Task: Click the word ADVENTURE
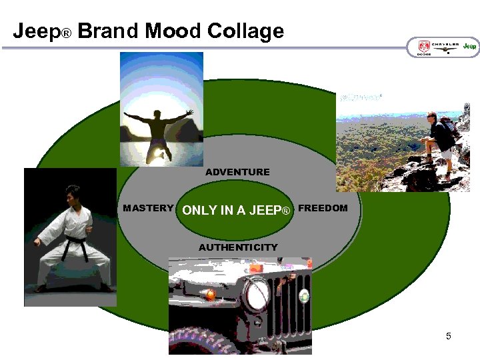click(237, 172)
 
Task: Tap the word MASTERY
click(148, 208)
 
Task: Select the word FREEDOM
click(323, 208)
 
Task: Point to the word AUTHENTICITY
click(238, 247)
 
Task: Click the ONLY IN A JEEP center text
click(237, 211)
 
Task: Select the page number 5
click(449, 336)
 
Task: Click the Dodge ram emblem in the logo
click(424, 47)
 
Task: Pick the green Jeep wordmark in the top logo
click(471, 46)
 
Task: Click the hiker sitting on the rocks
click(440, 143)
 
